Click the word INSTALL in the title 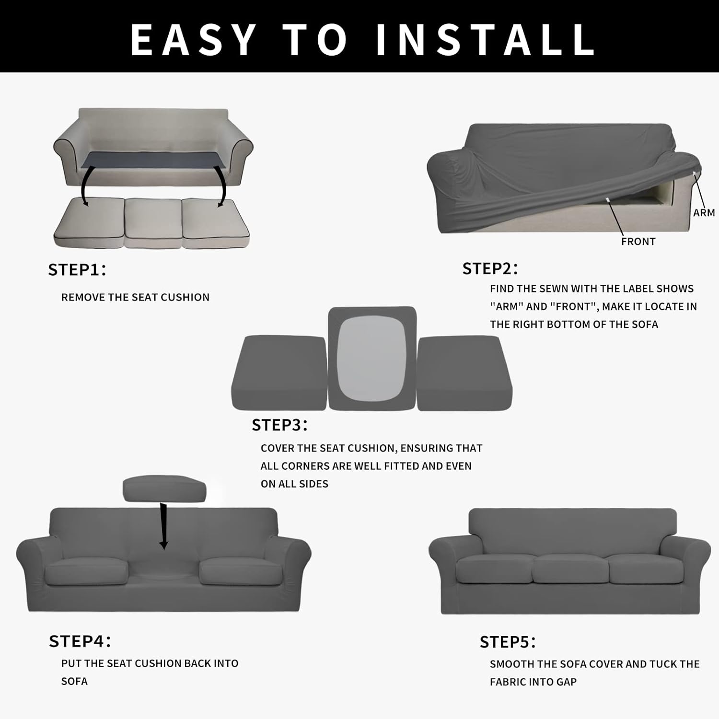(x=485, y=39)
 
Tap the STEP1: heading (x=77, y=270)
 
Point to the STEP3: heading (x=279, y=425)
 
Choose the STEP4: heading (x=80, y=641)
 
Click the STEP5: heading (x=508, y=642)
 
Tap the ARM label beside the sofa (x=704, y=212)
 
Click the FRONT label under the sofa (x=638, y=242)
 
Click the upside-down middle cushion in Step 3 (x=372, y=359)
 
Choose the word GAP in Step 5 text (x=566, y=682)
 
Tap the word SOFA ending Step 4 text (x=74, y=682)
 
